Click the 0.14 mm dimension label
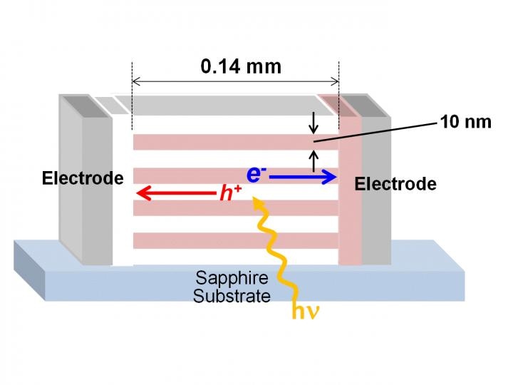(241, 67)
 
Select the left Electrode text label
(83, 178)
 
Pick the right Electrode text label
(395, 184)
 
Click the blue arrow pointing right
(303, 177)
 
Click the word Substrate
(232, 294)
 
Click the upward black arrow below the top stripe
(313, 158)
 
